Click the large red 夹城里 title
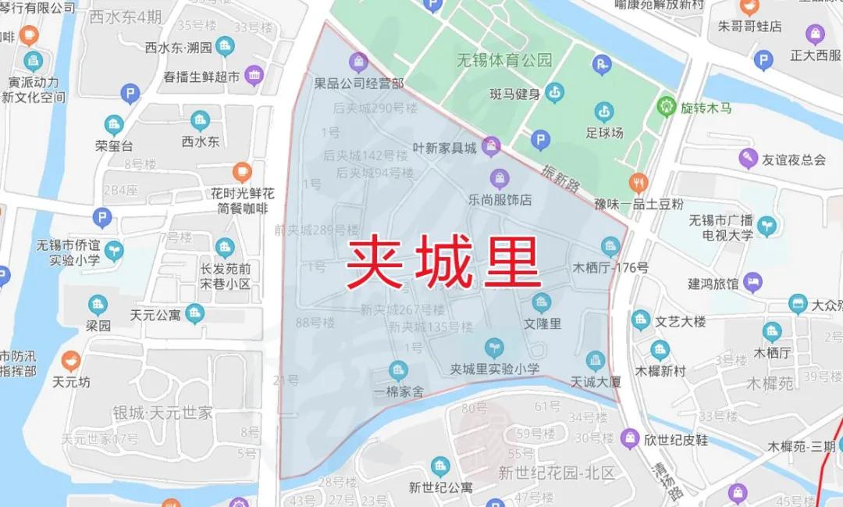coord(443,262)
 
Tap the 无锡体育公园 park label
coord(504,60)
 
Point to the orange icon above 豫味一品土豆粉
coord(638,183)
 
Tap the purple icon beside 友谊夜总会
coord(748,159)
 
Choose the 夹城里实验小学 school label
coord(494,370)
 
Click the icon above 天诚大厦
coord(596,360)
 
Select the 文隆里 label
coord(542,323)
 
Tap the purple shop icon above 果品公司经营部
coord(359,61)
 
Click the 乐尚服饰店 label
coord(500,200)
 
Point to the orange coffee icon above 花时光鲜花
coord(243,171)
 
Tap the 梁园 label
coord(98,326)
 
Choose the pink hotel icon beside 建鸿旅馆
coord(752,282)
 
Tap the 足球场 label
coord(604,133)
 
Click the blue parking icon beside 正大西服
coord(763,59)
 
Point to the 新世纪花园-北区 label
coord(557,473)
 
